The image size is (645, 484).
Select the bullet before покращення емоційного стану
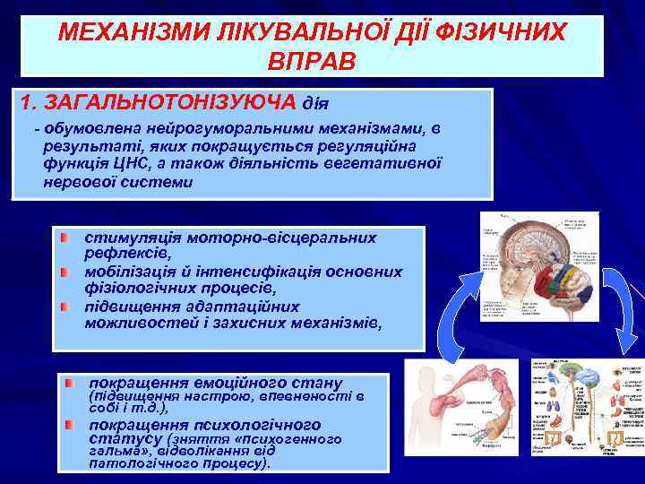click(69, 383)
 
